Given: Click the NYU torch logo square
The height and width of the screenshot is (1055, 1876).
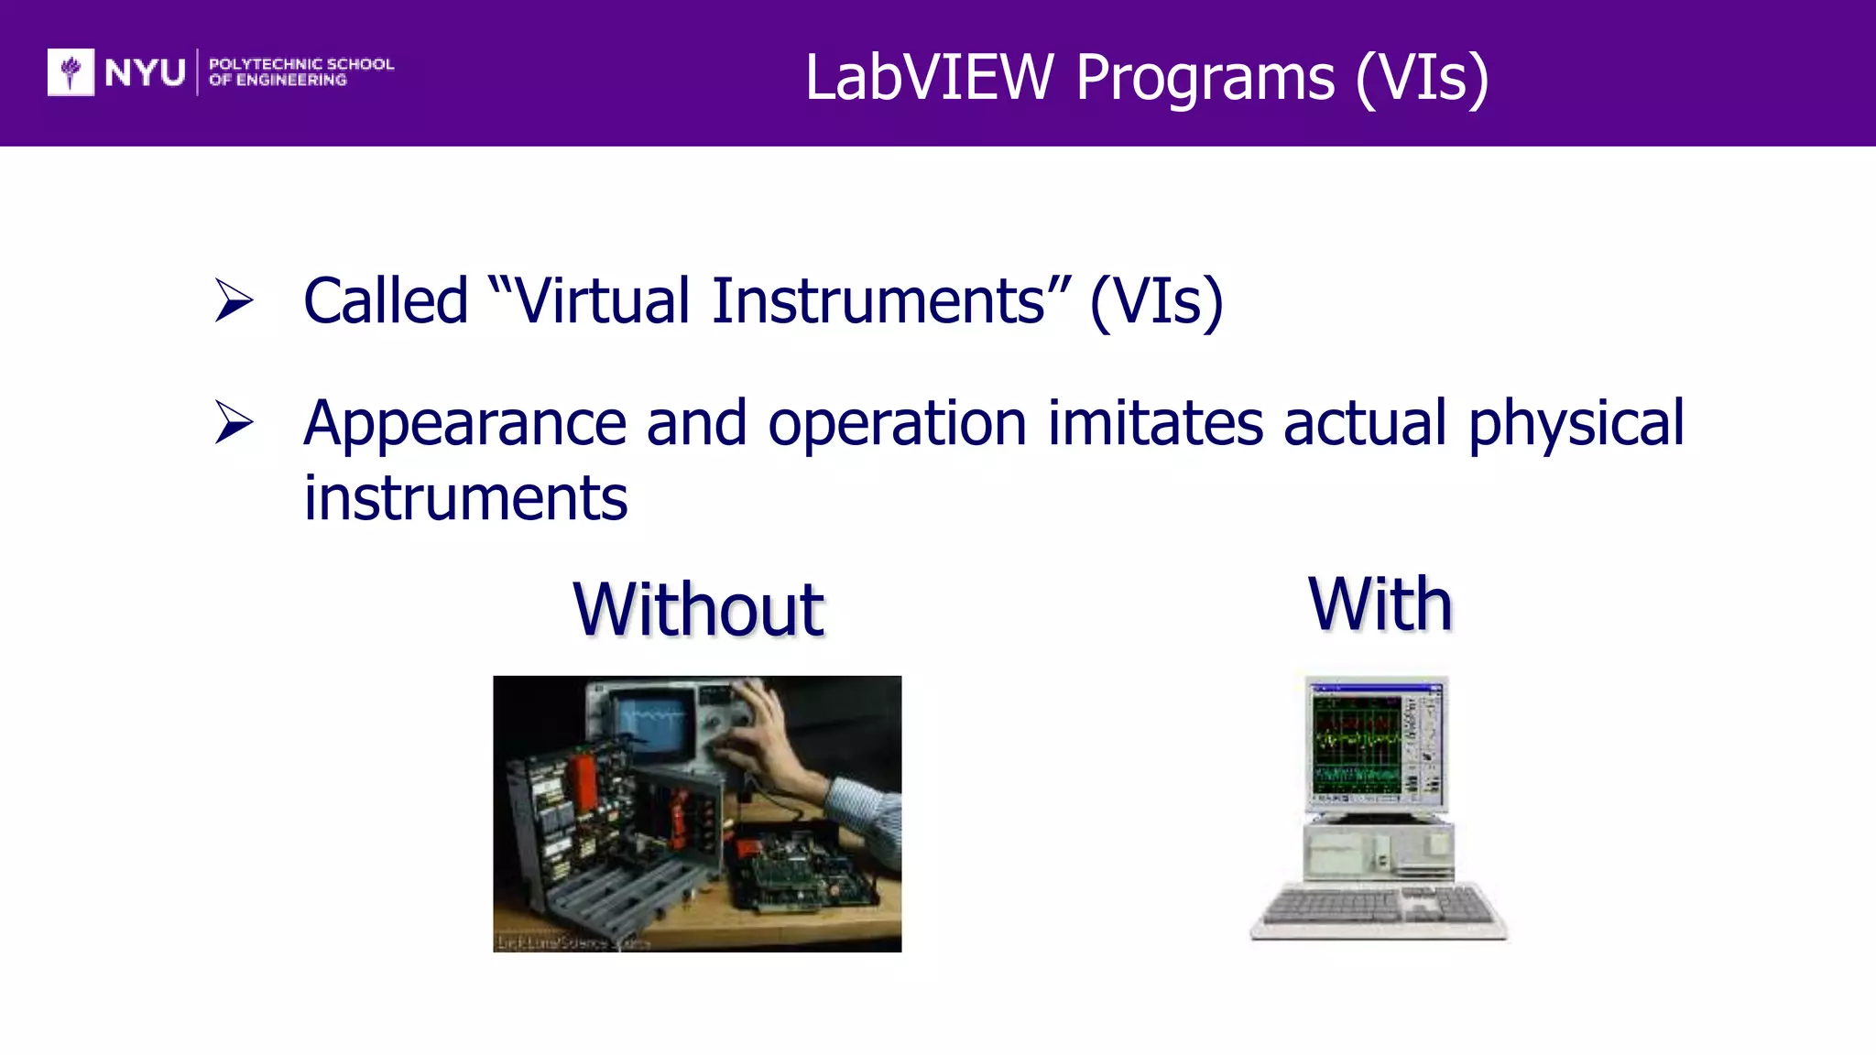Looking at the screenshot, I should [71, 71].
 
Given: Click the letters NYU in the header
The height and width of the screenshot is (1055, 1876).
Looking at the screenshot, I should [145, 72].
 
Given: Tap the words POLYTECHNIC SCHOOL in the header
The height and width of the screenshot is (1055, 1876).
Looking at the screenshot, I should [301, 64].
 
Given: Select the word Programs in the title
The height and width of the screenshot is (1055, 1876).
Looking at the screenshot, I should [1205, 79].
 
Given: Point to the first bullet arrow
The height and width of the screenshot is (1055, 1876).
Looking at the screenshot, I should [234, 300].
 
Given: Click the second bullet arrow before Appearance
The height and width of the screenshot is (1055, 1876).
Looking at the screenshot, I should [234, 422].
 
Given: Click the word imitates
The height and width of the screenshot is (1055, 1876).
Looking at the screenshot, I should [1154, 423].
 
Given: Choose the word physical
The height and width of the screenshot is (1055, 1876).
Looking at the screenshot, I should [1576, 423].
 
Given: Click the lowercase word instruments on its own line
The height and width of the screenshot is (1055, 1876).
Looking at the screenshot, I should [465, 498].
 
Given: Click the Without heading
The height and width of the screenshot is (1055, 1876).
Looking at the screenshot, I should [698, 609].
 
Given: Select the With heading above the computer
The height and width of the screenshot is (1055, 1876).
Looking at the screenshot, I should [1380, 604].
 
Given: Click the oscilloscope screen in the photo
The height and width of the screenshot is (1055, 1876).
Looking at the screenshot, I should [655, 718].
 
